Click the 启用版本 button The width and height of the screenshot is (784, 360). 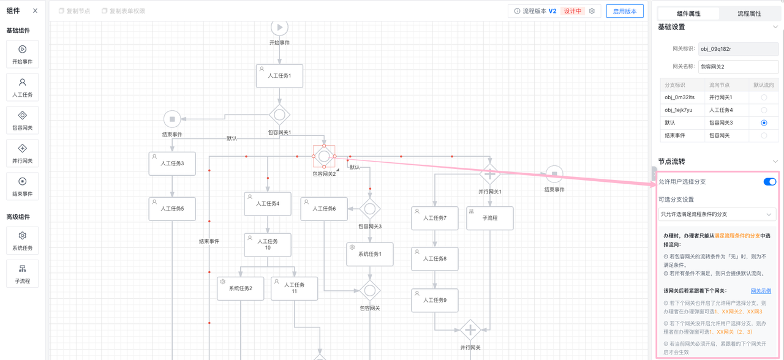click(x=624, y=11)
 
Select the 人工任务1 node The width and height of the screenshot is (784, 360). click(x=279, y=76)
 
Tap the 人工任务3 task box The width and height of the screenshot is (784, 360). click(x=172, y=163)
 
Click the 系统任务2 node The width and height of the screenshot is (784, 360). click(x=240, y=288)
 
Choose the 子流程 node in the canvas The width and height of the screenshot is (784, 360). click(x=489, y=218)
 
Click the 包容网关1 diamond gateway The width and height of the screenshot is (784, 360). click(x=279, y=114)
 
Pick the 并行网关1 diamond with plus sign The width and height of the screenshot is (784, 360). click(x=489, y=174)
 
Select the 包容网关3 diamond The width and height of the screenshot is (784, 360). click(x=370, y=209)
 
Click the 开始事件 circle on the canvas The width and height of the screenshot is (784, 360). click(x=279, y=28)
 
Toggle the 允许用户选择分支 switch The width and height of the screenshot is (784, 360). click(x=769, y=182)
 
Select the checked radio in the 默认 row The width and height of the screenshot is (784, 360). click(x=764, y=123)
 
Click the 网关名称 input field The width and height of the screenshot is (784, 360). click(x=738, y=67)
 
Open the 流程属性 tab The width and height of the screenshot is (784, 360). click(x=749, y=13)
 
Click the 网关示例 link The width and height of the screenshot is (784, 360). click(x=761, y=291)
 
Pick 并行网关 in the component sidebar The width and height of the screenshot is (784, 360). click(x=23, y=153)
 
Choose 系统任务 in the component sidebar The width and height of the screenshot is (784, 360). click(x=23, y=240)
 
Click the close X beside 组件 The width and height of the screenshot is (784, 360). click(x=35, y=11)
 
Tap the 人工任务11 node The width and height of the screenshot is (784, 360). click(x=294, y=288)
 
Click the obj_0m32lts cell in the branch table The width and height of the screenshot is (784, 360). click(x=680, y=97)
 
